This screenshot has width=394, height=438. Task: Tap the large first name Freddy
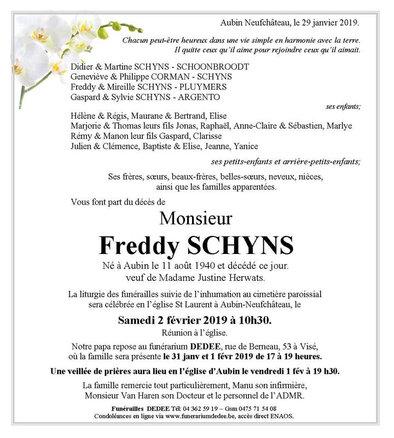pos(139,246)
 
